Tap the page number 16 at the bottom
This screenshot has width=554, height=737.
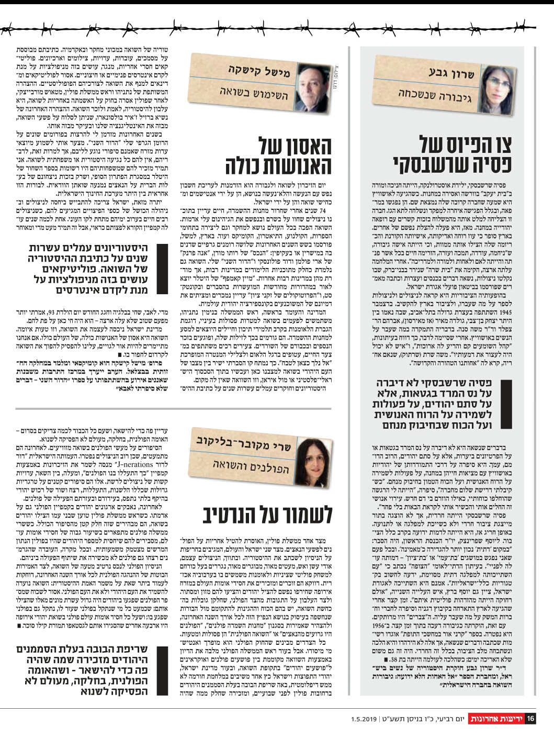tap(530, 718)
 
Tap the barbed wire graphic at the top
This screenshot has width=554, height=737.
tap(277, 28)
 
